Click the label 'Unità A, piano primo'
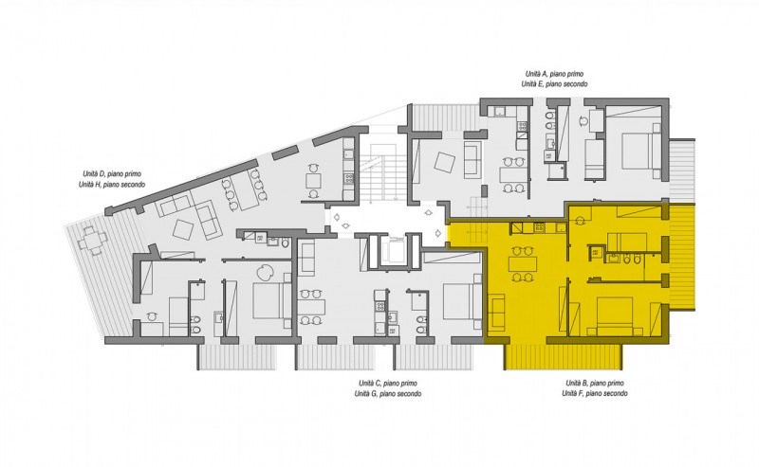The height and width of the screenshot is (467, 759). pyautogui.click(x=554, y=74)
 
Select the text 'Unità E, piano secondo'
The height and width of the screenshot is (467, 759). pyautogui.click(x=554, y=84)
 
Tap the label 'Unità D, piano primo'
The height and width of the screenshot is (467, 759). pyautogui.click(x=112, y=174)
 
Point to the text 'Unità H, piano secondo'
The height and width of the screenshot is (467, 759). pyautogui.click(x=112, y=185)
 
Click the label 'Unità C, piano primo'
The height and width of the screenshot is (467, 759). pyautogui.click(x=388, y=384)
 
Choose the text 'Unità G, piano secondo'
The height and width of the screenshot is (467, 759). pyautogui.click(x=388, y=394)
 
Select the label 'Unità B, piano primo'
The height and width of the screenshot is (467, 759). pyautogui.click(x=595, y=384)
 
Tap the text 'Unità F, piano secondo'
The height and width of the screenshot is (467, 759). pyautogui.click(x=595, y=394)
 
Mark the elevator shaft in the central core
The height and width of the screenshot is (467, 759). pyautogui.click(x=392, y=252)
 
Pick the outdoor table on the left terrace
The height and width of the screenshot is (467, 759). pyautogui.click(x=92, y=240)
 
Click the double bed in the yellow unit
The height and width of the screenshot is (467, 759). pyautogui.click(x=615, y=315)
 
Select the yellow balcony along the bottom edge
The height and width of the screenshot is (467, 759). pyautogui.click(x=563, y=357)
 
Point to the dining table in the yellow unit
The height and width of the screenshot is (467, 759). pyautogui.click(x=523, y=264)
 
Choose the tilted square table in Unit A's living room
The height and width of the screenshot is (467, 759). pyautogui.click(x=444, y=162)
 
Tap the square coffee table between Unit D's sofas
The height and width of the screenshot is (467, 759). pyautogui.click(x=183, y=230)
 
